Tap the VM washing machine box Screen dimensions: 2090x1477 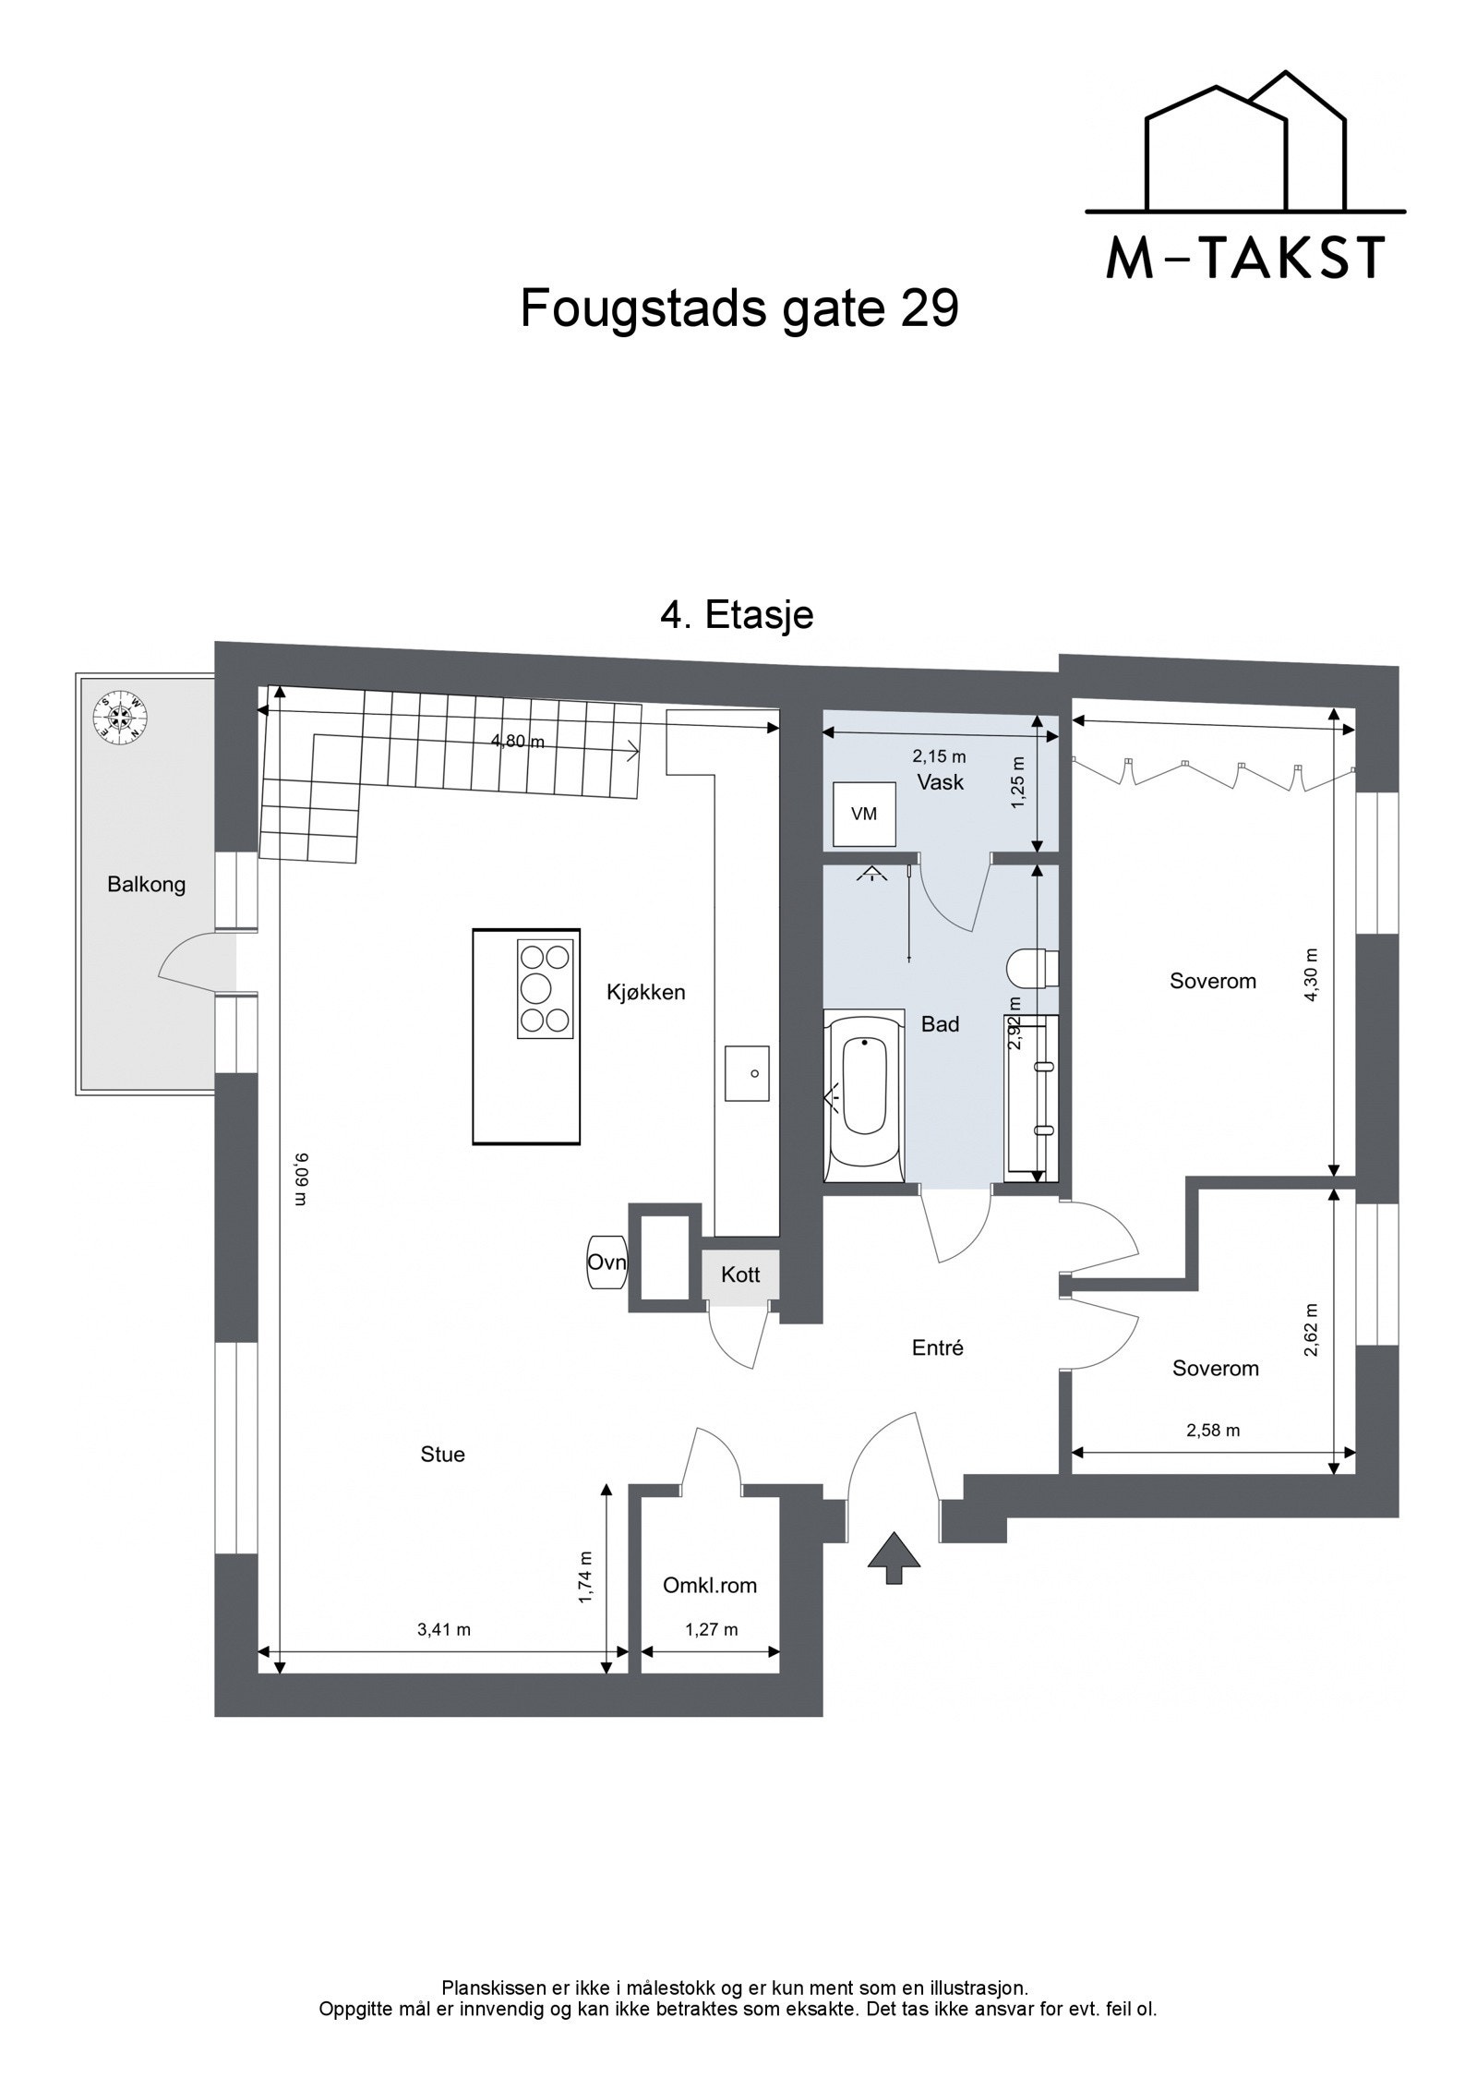pos(864,814)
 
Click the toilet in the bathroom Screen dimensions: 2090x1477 pos(1032,968)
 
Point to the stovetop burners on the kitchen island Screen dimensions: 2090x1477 pos(545,989)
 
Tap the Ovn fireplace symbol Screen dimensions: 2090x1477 pos(606,1262)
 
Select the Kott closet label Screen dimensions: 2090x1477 pos(740,1275)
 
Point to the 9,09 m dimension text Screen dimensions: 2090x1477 pos(299,1178)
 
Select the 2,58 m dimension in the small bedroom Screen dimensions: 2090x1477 pos(1212,1431)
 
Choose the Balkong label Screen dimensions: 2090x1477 pos(146,885)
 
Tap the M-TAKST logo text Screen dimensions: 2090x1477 pos(1245,259)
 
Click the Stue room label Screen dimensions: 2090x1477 pos(442,1454)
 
